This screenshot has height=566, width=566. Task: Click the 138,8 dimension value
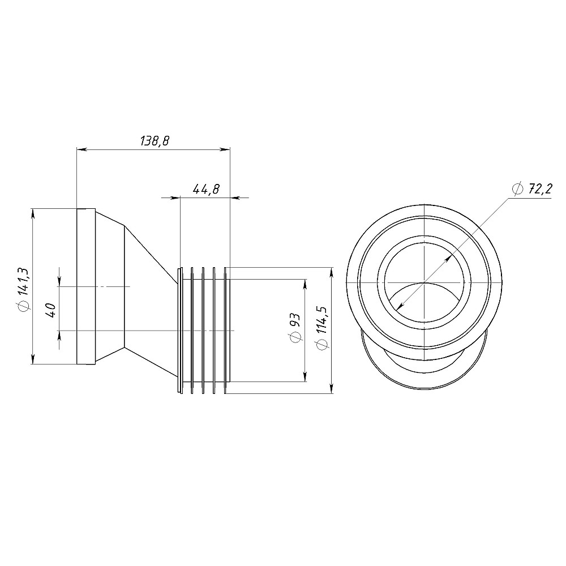pyautogui.click(x=155, y=140)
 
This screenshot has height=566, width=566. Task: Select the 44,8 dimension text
pyautogui.click(x=206, y=189)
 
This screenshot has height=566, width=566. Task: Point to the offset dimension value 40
pyautogui.click(x=51, y=310)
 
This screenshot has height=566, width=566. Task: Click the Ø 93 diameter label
pyautogui.click(x=295, y=328)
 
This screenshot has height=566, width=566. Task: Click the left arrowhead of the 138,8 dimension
pyautogui.click(x=82, y=149)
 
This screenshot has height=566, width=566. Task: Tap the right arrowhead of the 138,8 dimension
pyautogui.click(x=225, y=149)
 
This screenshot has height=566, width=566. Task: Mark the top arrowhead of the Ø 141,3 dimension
pyautogui.click(x=33, y=214)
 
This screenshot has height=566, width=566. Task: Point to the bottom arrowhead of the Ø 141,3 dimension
pyautogui.click(x=33, y=359)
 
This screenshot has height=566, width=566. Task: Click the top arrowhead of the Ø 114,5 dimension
pyautogui.click(x=332, y=273)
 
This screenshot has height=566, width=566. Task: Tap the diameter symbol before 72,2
pyautogui.click(x=518, y=189)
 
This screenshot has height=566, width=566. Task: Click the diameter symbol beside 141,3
pyautogui.click(x=24, y=306)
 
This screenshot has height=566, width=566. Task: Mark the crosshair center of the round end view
pyautogui.click(x=424, y=282)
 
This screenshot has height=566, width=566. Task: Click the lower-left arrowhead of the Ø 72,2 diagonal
pyautogui.click(x=400, y=306)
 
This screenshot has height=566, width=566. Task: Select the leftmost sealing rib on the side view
pyautogui.click(x=180, y=331)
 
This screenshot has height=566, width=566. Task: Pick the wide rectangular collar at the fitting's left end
pyautogui.click(x=86, y=286)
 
